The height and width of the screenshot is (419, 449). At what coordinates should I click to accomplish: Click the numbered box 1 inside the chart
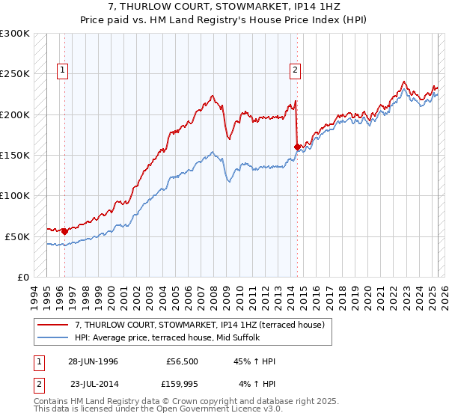[x=61, y=71]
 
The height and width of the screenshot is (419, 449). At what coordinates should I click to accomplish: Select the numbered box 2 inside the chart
[x=296, y=71]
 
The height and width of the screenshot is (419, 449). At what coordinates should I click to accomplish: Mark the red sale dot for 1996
[x=64, y=231]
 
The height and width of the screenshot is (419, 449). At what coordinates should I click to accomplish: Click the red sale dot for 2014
[x=297, y=147]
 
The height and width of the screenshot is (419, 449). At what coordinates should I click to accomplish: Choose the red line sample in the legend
[x=54, y=325]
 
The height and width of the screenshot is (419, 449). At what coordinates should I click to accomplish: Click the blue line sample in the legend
[x=54, y=337]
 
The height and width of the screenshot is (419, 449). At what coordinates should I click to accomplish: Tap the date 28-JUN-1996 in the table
[x=93, y=361]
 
